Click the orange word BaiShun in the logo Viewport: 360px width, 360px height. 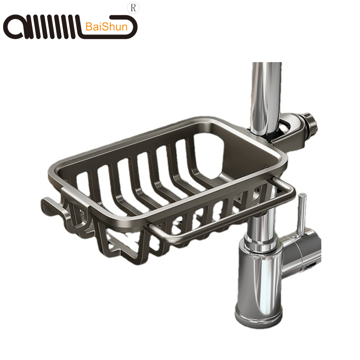tap(106, 27)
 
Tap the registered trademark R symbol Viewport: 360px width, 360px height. tap(133, 8)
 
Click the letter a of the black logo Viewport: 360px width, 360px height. tap(14, 27)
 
